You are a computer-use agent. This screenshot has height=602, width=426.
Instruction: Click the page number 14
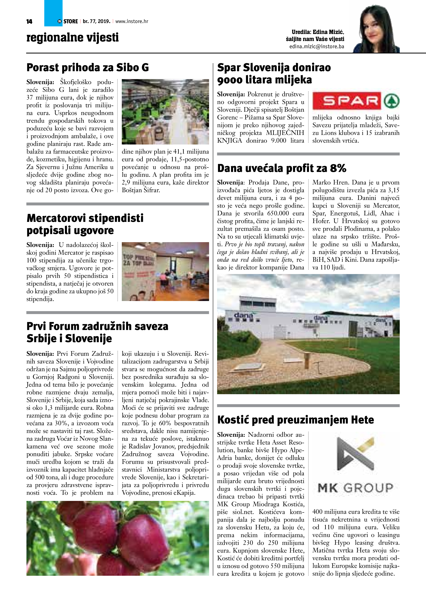coord(29,21)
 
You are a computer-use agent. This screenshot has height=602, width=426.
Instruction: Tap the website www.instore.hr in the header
coord(132,21)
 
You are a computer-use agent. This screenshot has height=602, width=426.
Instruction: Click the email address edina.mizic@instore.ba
coord(317,47)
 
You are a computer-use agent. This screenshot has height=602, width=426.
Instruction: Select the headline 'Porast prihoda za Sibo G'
coord(88,68)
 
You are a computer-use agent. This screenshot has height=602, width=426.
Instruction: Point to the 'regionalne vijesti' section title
coord(72,37)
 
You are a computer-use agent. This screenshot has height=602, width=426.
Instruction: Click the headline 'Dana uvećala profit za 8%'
coord(282,168)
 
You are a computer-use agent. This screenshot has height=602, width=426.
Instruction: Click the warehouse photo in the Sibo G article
coord(165,112)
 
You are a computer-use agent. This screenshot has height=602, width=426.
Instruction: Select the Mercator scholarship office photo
coord(165,271)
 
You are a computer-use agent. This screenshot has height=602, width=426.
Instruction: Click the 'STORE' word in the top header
coord(71,21)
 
